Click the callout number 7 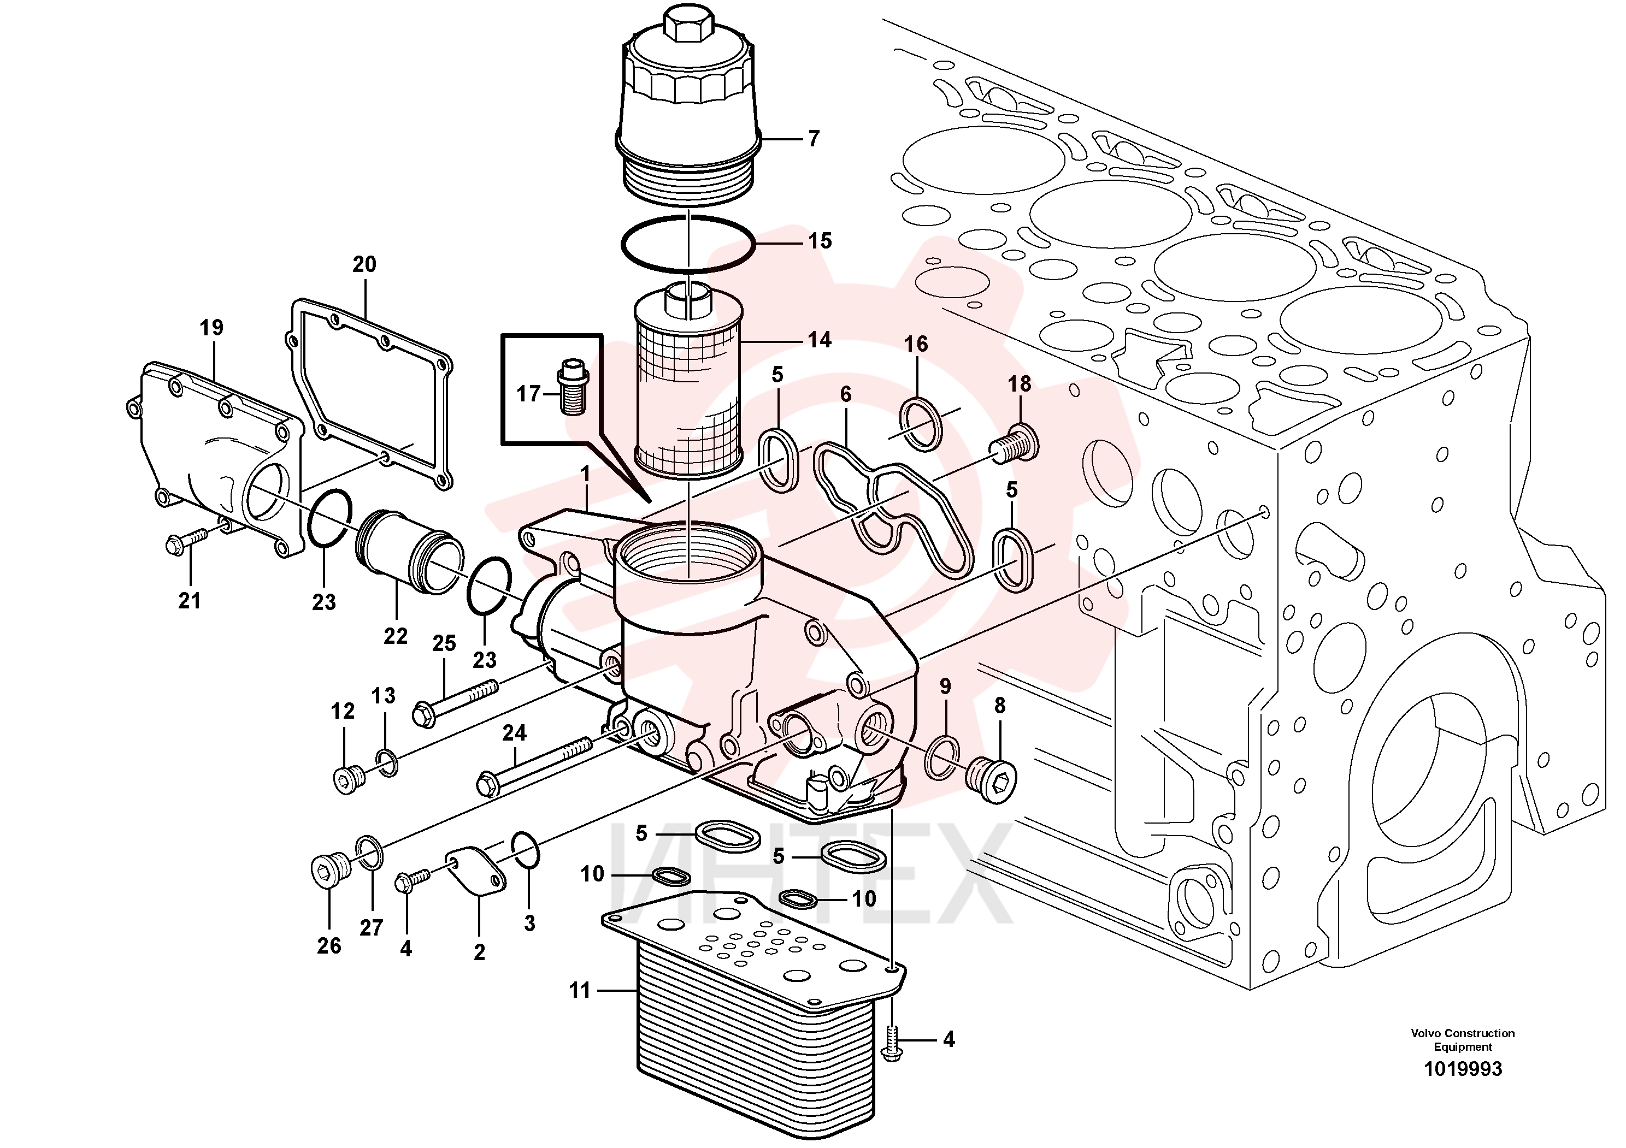pyautogui.click(x=814, y=139)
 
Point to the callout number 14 pyautogui.click(x=820, y=340)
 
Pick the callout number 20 pyautogui.click(x=365, y=265)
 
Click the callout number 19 pyautogui.click(x=211, y=328)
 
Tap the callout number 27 pyautogui.click(x=371, y=927)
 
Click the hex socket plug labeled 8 pyautogui.click(x=992, y=779)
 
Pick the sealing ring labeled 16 pyautogui.click(x=921, y=424)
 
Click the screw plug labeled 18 pyautogui.click(x=1014, y=442)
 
